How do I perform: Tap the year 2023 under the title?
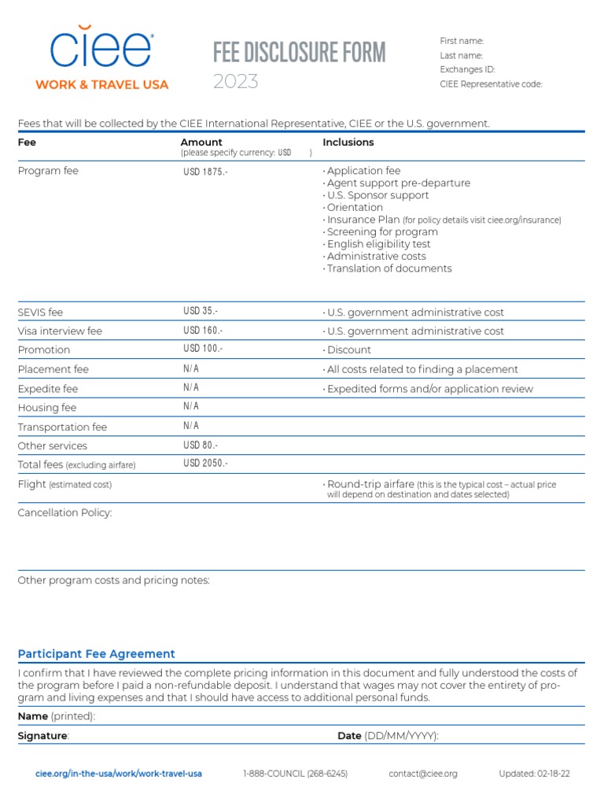point(235,81)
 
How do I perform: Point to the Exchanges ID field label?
point(467,69)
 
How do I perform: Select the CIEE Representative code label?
point(491,84)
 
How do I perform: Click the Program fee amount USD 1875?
point(205,172)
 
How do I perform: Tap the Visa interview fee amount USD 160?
point(203,331)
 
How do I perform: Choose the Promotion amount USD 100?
point(203,349)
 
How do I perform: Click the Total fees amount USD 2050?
point(205,464)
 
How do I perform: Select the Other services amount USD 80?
point(201,446)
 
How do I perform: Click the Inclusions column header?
point(348,142)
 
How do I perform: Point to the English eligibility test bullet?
point(377,244)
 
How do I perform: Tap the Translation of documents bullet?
point(388,268)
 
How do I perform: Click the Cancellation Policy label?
point(64,513)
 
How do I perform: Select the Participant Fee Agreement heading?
point(96,654)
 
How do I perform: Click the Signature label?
point(43,736)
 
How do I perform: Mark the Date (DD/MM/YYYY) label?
point(388,736)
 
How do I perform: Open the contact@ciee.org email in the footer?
point(422,774)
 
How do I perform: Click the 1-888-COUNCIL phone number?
point(295,774)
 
